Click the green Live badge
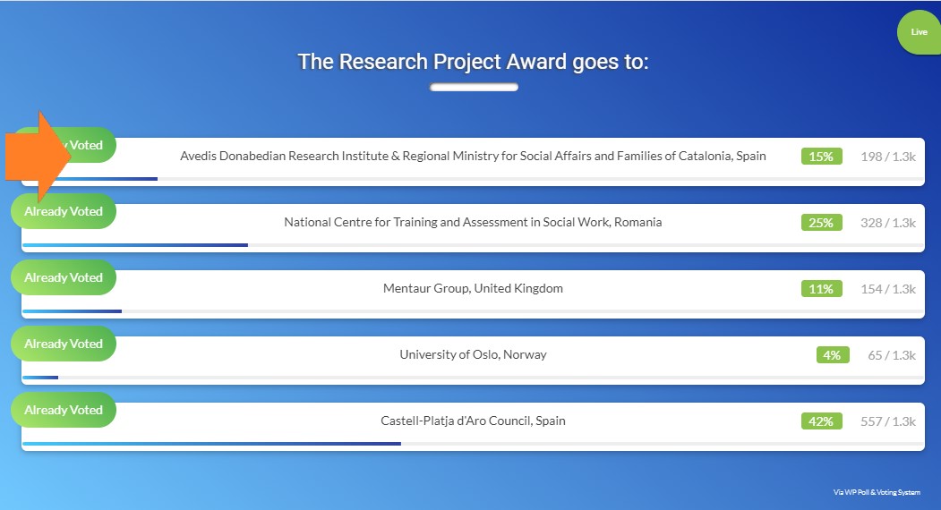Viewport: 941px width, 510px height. (x=919, y=32)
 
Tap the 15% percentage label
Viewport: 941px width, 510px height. (x=821, y=157)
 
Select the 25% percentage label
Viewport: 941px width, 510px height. (x=821, y=223)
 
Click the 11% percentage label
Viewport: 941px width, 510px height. (x=821, y=289)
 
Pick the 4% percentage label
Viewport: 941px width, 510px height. (x=833, y=355)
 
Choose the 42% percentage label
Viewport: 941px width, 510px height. (x=821, y=421)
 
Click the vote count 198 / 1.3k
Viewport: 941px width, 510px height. (x=888, y=157)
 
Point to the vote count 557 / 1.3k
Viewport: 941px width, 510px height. (x=888, y=421)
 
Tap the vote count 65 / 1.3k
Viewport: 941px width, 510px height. (x=892, y=355)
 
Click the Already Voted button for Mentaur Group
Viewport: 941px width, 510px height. (x=64, y=277)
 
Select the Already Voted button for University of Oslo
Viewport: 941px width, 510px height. (x=64, y=344)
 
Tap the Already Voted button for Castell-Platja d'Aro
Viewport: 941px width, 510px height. (x=64, y=410)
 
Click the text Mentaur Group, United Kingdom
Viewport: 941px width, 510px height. (x=473, y=289)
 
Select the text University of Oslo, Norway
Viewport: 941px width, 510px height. (x=473, y=354)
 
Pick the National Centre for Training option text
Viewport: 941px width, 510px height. (x=473, y=222)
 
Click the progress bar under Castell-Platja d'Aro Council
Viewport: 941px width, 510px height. (x=211, y=444)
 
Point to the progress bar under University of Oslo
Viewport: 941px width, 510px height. (x=40, y=378)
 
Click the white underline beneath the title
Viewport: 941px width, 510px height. (x=475, y=88)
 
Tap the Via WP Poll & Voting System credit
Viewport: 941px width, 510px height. (x=877, y=492)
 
